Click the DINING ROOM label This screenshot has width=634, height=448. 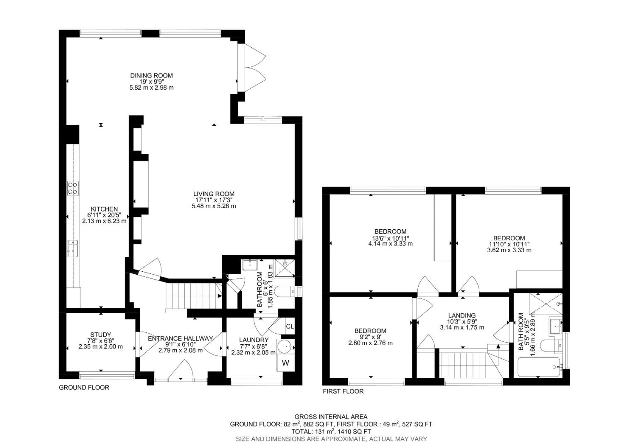click(151, 75)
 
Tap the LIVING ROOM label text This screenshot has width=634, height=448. click(214, 194)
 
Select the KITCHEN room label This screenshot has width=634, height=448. click(105, 209)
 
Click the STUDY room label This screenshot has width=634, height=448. click(100, 335)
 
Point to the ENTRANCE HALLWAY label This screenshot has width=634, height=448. click(180, 338)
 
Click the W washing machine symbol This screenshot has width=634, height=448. click(285, 363)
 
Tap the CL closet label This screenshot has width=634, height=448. click(290, 326)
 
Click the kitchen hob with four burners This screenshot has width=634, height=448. click(73, 188)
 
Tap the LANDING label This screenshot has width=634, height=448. click(462, 316)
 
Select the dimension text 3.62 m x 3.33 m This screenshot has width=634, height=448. click(509, 250)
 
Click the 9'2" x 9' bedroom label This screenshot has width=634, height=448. click(370, 337)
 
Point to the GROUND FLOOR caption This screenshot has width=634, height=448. click(84, 387)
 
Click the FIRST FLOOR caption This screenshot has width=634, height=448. click(343, 391)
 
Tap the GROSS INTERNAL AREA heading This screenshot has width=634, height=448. click(331, 416)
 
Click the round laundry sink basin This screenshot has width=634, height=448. click(285, 346)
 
